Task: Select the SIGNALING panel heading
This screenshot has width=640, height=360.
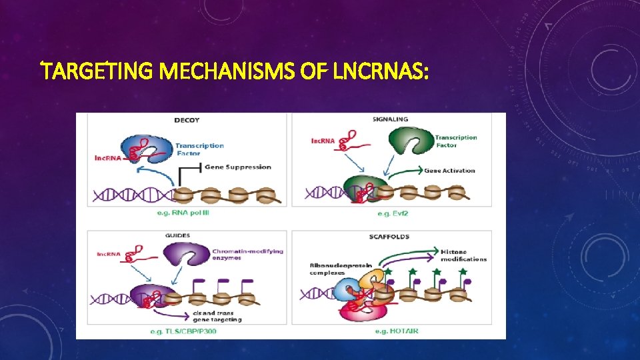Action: pyautogui.click(x=391, y=119)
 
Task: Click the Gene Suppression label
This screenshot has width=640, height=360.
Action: pyautogui.click(x=238, y=167)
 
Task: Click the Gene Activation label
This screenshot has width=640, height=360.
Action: pyautogui.click(x=450, y=171)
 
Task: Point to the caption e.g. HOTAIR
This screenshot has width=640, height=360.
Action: pyautogui.click(x=397, y=331)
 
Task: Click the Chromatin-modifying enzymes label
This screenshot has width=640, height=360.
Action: pyautogui.click(x=247, y=255)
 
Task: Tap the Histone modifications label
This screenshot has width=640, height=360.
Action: pyautogui.click(x=463, y=255)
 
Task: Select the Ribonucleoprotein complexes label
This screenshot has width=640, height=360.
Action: pyautogui.click(x=341, y=269)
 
